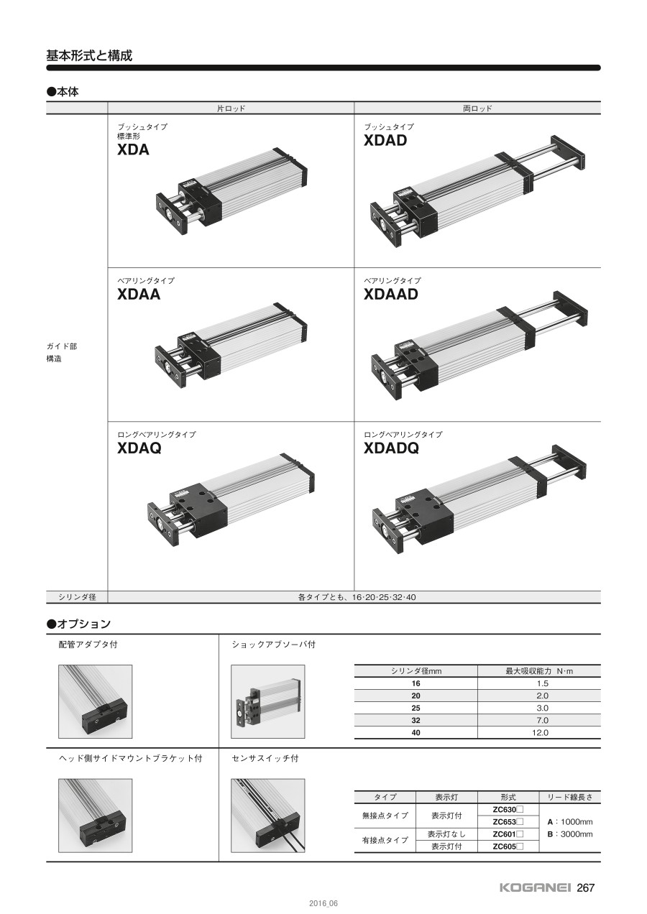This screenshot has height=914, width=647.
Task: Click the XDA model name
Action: (133, 150)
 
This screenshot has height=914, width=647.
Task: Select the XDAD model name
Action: (385, 141)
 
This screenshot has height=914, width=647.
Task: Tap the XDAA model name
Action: (139, 294)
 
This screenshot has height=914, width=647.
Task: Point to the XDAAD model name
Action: (391, 294)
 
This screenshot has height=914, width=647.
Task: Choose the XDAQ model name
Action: (139, 448)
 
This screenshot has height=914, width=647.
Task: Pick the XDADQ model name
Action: (392, 448)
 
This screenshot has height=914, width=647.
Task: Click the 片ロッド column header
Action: (231, 109)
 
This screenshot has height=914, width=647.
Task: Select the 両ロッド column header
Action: (477, 109)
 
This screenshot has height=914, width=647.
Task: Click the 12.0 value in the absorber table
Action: (540, 732)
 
